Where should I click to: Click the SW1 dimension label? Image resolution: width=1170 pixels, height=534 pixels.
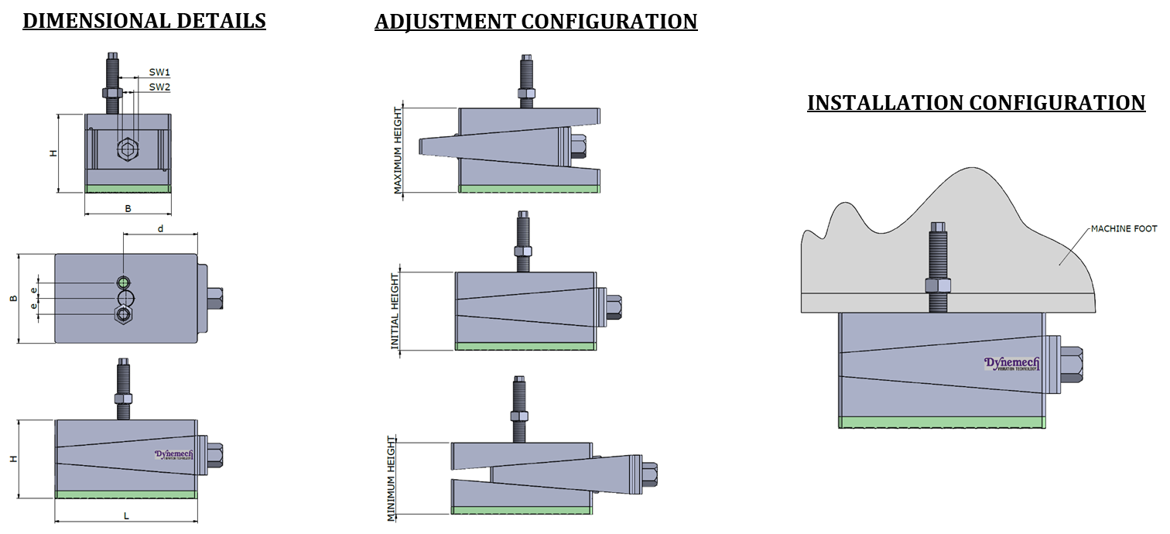pos(159,72)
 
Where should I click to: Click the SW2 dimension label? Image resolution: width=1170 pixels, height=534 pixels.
pos(159,87)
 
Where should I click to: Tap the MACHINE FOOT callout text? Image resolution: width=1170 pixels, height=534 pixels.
pos(1124,229)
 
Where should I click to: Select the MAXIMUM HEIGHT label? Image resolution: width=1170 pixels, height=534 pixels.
pos(398,150)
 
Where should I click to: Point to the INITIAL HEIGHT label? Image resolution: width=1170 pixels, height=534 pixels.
pos(395,311)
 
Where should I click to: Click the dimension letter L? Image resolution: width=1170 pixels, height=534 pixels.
pos(126,515)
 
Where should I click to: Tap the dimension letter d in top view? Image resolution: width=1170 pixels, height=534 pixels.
pos(160,228)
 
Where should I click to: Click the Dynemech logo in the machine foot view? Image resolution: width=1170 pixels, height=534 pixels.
pos(1011,364)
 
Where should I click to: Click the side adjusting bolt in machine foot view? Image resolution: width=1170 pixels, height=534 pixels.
pos(1070,365)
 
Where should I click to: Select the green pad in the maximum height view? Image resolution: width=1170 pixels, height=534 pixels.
pos(529,189)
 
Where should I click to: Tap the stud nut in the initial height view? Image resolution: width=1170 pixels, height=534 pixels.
pos(523,252)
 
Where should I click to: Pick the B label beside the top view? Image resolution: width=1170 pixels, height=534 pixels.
pos(13,299)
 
